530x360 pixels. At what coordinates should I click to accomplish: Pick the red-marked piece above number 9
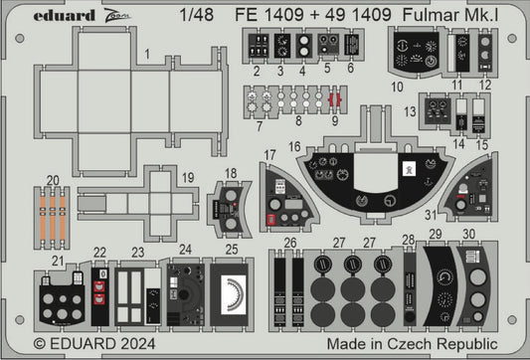click(335, 100)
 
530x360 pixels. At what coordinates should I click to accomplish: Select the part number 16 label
click(294, 145)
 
